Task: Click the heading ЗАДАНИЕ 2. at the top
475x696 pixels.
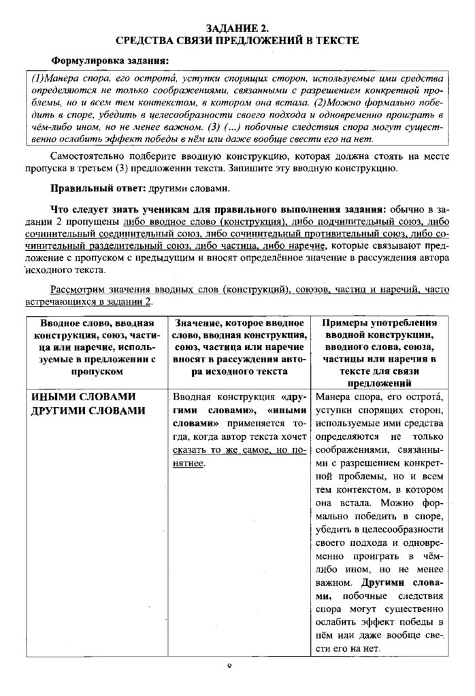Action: pos(237,28)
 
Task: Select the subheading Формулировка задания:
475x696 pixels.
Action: pos(110,61)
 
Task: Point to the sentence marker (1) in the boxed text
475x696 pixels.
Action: pos(40,79)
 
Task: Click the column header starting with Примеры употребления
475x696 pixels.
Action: pos(380,347)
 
